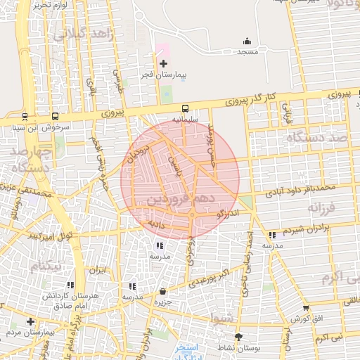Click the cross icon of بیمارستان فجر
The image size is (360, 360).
coord(163,64)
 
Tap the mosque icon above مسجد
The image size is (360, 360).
coord(247,41)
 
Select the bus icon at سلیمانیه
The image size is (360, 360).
coord(185,109)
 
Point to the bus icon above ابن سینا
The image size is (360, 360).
coord(25,117)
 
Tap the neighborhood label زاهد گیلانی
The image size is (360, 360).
coord(80,32)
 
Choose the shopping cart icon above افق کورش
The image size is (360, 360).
coord(305,308)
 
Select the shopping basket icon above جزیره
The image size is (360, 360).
coord(163,291)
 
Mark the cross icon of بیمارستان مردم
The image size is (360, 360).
coord(30,321)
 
